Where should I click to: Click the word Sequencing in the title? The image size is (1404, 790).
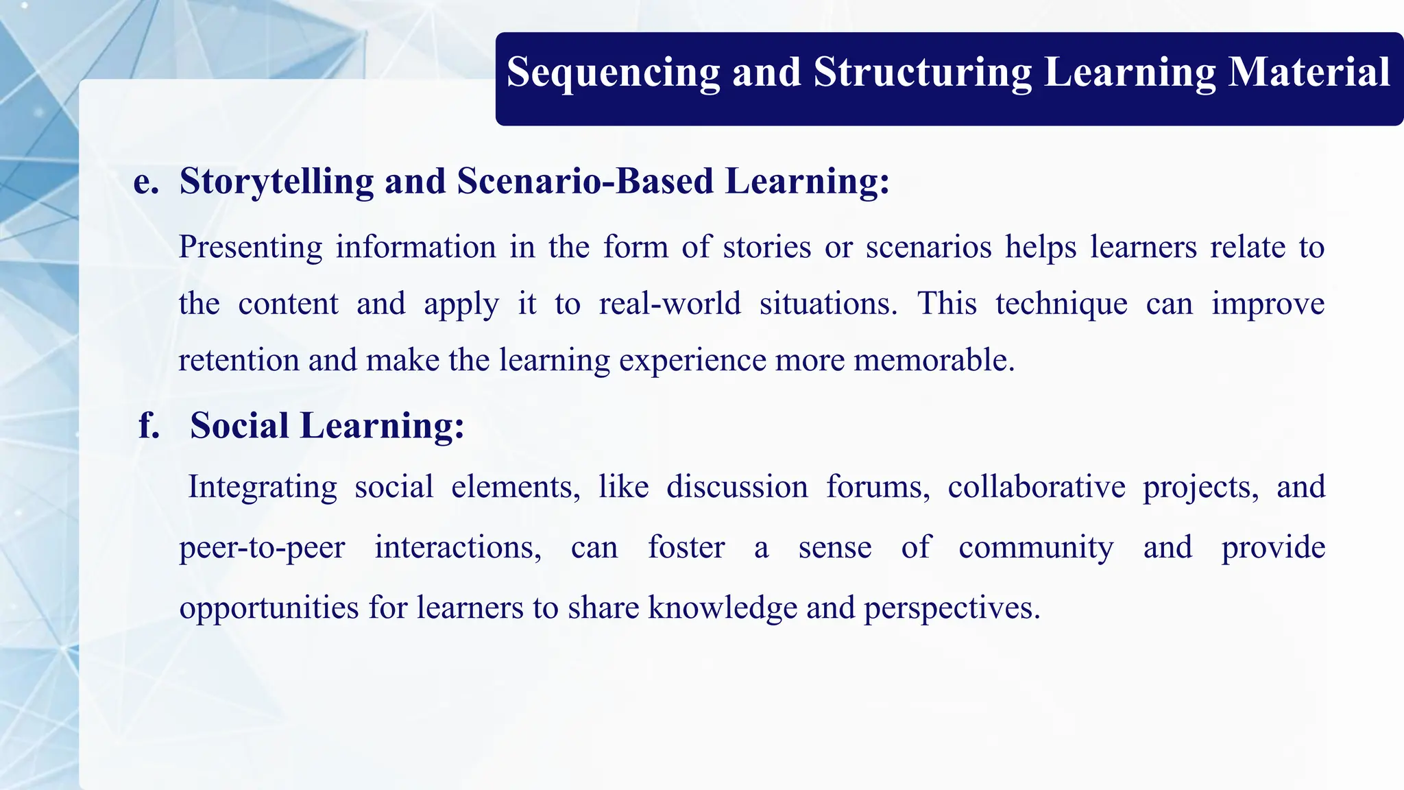(x=613, y=73)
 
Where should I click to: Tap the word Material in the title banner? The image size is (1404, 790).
(x=1309, y=73)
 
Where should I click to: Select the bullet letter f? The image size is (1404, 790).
(x=149, y=426)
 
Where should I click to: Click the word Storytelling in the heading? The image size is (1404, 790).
(x=276, y=182)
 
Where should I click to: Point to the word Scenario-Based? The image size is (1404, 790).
(x=585, y=182)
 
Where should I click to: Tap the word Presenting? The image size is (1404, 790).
(x=250, y=248)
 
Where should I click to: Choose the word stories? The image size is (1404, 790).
(x=767, y=248)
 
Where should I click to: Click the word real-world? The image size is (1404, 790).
(x=670, y=304)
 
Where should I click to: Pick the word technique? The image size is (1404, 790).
(x=1061, y=304)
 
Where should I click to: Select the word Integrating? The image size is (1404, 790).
(x=263, y=488)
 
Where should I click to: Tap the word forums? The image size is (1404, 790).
(x=877, y=488)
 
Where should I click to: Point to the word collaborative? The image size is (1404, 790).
(x=1037, y=488)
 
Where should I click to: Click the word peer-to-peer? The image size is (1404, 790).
(x=262, y=548)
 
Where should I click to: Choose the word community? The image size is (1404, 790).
(x=1036, y=548)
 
